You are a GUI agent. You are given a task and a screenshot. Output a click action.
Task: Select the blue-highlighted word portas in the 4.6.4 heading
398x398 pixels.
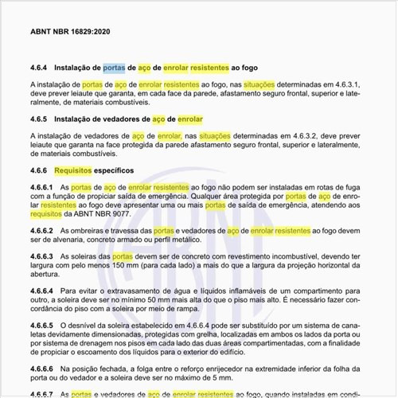[114, 68]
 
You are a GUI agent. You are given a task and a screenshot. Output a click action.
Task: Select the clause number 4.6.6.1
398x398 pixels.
[42, 186]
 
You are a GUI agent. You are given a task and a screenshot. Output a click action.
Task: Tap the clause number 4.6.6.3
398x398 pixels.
[42, 257]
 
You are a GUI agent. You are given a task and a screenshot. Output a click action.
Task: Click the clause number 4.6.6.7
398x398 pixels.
[42, 394]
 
